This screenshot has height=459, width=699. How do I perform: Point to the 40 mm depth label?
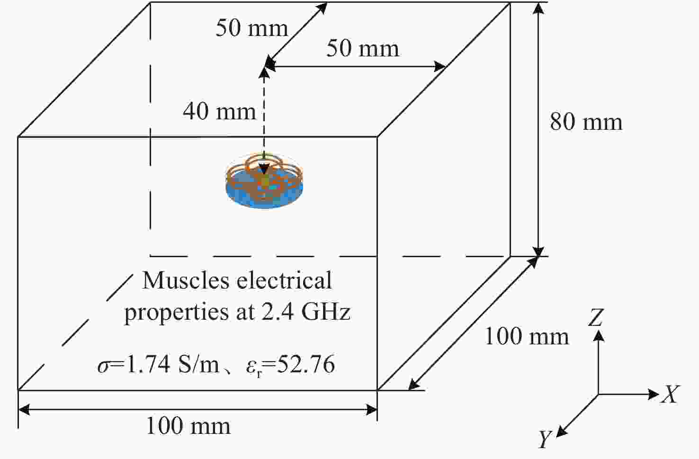point(219,111)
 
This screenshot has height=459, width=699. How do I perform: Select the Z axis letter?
point(596,317)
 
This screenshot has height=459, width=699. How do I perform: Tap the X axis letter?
point(670,394)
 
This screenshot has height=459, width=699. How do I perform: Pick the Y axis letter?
point(545,439)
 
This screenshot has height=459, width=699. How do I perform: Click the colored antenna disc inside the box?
point(264,181)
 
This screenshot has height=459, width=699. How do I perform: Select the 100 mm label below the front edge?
point(188,426)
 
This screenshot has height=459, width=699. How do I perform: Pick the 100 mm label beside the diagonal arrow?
point(527,336)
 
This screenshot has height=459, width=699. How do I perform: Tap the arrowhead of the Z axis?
point(599,335)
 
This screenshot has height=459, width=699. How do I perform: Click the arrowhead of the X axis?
point(654,394)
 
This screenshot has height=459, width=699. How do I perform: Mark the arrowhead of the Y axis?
point(561,432)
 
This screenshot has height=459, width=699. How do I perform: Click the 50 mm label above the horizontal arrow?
point(363,48)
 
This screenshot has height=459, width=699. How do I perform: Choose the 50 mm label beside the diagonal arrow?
point(251,28)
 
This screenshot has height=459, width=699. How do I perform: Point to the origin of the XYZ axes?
point(599,395)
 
